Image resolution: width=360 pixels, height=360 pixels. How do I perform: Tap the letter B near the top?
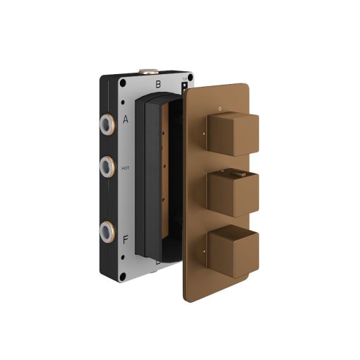[x=158, y=84]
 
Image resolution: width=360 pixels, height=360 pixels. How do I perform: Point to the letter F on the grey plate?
[x=126, y=240]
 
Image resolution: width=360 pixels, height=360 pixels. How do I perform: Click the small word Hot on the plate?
[x=125, y=168]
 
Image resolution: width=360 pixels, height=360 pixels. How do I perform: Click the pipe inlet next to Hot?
[x=107, y=167]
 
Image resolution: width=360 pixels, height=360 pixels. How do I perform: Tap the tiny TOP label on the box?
[x=185, y=79]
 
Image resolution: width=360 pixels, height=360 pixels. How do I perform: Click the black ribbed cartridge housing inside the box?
[x=152, y=176]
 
